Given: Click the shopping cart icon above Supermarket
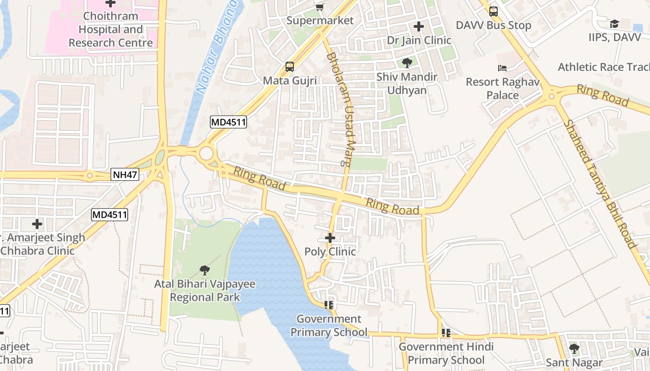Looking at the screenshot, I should pos(319,6).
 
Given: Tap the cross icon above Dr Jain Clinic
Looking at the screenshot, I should pos(419,26).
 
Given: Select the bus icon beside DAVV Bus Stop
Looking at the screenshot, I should pos(494,12).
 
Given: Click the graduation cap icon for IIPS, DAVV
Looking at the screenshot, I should pos(614,24).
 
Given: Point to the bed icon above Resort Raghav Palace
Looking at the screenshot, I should pos(502,68).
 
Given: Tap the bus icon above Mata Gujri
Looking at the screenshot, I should pos(290,67).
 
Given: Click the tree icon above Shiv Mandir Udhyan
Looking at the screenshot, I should pos(407,63).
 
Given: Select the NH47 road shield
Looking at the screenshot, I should pos(125,175).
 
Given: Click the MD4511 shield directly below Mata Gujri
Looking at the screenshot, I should pos(228,122).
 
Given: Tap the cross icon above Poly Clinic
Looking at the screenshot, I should pos(330,238).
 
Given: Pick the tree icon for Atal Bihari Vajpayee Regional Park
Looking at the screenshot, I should pos(204,270).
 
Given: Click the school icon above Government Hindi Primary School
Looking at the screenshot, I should pos(446,333).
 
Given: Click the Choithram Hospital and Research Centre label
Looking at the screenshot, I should pos(110,30).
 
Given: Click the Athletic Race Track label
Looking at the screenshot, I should pos(604,67).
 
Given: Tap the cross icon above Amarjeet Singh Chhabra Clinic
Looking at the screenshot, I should pos(37,224).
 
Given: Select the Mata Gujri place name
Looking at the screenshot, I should pos(290,81).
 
